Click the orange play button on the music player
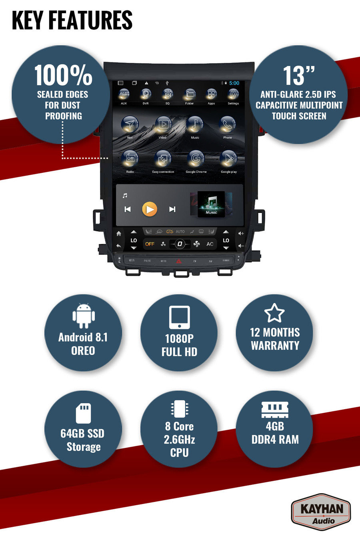point(150,209)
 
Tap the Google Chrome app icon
point(196,159)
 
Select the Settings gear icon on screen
point(233,94)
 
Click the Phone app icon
point(228,125)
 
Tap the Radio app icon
point(130,159)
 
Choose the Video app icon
point(163,125)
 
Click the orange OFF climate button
point(150,244)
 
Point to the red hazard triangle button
point(179,261)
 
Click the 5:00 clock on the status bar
point(234,83)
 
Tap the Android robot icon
point(83,316)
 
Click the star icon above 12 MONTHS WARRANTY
point(274,313)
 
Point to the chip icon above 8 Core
point(179,409)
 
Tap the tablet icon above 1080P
point(179,318)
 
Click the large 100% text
point(63,75)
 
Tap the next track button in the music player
point(172,209)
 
